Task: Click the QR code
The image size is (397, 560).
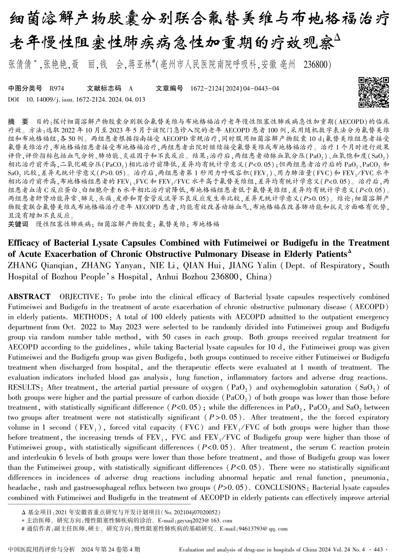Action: click(373, 92)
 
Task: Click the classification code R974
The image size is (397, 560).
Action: click(57, 88)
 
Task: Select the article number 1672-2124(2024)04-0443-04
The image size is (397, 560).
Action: click(235, 88)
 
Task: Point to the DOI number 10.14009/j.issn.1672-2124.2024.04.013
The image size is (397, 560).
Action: click(85, 100)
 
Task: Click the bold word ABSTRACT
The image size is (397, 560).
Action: click(29, 297)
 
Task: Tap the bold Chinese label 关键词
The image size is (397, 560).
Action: click(18, 224)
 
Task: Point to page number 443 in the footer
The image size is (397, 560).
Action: click(378, 550)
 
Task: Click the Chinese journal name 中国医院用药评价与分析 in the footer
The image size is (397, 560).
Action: click(42, 549)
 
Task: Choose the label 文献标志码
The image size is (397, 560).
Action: click(104, 88)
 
